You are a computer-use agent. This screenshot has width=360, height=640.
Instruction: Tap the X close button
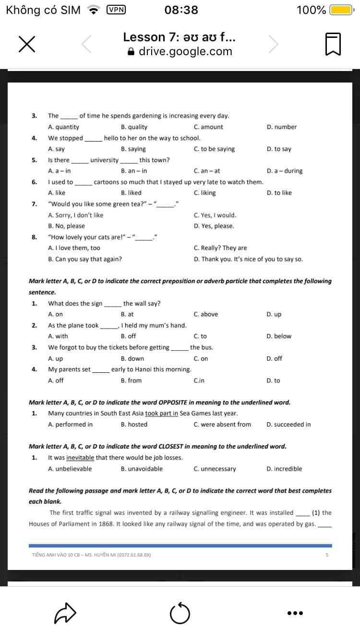click(27, 44)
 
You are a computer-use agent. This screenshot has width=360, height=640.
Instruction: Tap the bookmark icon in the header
click(333, 44)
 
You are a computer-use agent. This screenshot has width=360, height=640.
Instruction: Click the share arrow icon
click(65, 613)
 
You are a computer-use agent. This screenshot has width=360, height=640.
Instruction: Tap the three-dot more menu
click(295, 613)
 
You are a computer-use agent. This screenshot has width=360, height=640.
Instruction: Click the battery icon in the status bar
click(341, 10)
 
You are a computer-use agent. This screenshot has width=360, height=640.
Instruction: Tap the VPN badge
click(116, 10)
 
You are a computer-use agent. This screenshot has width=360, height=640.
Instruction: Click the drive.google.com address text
click(185, 52)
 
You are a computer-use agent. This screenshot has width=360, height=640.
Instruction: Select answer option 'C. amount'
click(208, 127)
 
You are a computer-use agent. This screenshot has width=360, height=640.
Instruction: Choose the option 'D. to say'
click(279, 149)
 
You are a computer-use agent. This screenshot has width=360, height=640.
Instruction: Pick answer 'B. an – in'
click(134, 171)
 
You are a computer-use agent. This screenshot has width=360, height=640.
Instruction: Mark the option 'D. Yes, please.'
click(214, 226)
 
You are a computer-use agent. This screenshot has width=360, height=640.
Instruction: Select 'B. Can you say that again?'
click(85, 259)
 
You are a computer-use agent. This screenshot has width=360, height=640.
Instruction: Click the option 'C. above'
click(206, 315)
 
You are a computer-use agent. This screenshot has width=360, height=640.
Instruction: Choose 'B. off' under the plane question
click(128, 336)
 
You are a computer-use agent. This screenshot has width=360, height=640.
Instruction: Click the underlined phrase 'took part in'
click(162, 414)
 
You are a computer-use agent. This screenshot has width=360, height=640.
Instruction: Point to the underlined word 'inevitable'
click(80, 458)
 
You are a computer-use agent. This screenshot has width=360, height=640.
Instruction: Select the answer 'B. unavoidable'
click(142, 469)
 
